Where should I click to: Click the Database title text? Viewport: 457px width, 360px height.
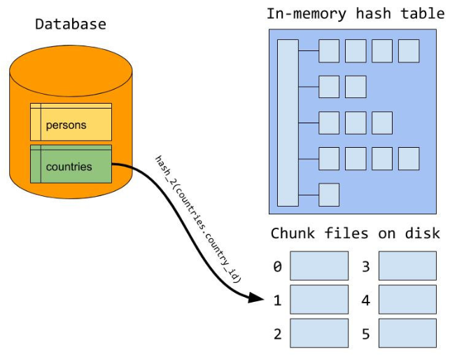coord(71,25)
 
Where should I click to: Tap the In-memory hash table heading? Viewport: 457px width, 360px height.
coord(355,13)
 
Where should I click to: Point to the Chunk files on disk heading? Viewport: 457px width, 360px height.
coord(355,233)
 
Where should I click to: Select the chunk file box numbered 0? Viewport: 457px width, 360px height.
coord(318,266)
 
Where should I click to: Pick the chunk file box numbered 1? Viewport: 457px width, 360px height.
coord(318,299)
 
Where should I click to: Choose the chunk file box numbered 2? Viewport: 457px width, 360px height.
coord(318,333)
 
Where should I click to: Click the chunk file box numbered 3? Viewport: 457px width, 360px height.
coord(407,266)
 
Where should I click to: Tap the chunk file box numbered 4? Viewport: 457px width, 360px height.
coord(407,299)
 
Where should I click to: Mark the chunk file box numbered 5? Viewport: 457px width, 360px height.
coord(407,333)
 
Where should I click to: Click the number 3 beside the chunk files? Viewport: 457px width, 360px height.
coord(365,266)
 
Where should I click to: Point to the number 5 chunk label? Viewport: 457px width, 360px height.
coord(365,333)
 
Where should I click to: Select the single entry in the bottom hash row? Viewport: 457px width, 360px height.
coord(329,194)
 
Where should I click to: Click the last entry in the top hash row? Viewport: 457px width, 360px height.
coord(409,51)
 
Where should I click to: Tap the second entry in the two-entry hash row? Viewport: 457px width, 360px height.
coord(356,87)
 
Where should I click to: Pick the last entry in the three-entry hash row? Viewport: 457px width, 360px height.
coord(382,123)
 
